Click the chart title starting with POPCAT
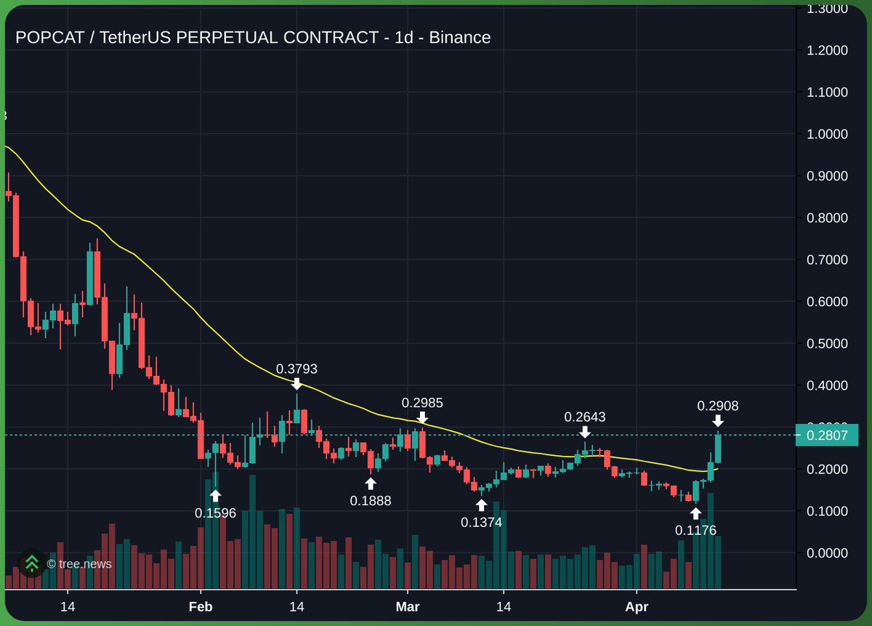point(253,37)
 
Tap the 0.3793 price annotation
point(296,369)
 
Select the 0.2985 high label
point(422,403)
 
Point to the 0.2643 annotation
point(585,417)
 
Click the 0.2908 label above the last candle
point(717,406)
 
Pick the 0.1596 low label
point(215,513)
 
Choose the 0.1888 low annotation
point(371,500)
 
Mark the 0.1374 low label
point(481,521)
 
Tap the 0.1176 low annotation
point(695,530)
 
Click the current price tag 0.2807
point(827,435)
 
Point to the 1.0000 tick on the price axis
point(827,134)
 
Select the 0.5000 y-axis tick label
point(827,343)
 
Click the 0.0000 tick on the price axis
point(827,553)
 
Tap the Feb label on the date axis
point(200,606)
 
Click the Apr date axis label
point(637,606)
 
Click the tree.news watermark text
point(79,563)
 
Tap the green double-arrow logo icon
point(32,563)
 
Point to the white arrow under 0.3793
point(296,383)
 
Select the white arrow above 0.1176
point(695,513)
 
